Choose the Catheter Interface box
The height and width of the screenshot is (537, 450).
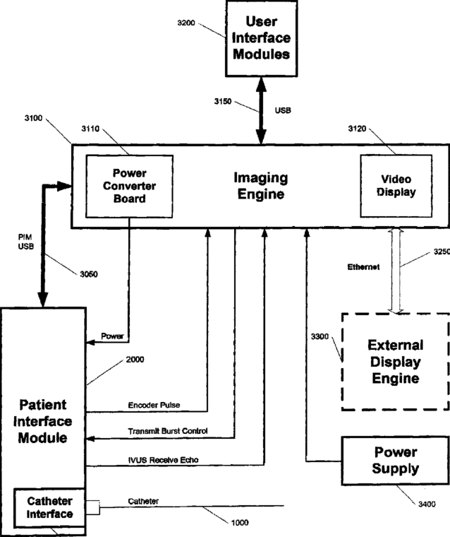tap(49, 508)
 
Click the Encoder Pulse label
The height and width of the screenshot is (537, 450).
tap(154, 406)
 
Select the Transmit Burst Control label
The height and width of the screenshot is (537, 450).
tap(168, 431)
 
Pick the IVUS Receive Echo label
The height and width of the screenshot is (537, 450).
tap(164, 461)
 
